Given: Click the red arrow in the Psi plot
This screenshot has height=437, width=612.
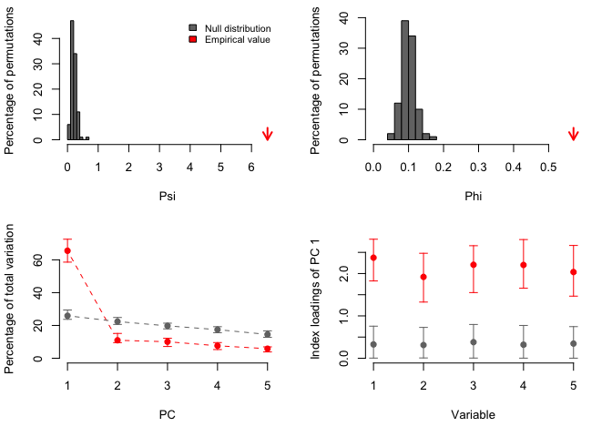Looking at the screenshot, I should (x=267, y=135).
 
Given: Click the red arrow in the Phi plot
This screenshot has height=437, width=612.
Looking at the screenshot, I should (x=573, y=135).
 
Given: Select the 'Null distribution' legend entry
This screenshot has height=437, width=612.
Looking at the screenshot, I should (x=229, y=28).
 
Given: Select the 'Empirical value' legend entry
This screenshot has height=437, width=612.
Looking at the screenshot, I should (x=227, y=39).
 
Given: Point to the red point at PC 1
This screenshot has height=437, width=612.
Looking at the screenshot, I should (x=67, y=250).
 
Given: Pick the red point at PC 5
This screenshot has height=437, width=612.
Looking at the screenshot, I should (x=267, y=349).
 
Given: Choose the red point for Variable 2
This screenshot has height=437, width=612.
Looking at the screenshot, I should (x=423, y=277).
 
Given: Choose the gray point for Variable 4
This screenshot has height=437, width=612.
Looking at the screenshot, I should (x=524, y=344).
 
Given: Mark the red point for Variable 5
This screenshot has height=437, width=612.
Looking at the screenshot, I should (x=573, y=271).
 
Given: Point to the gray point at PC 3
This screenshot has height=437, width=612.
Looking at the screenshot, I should (x=168, y=326).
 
